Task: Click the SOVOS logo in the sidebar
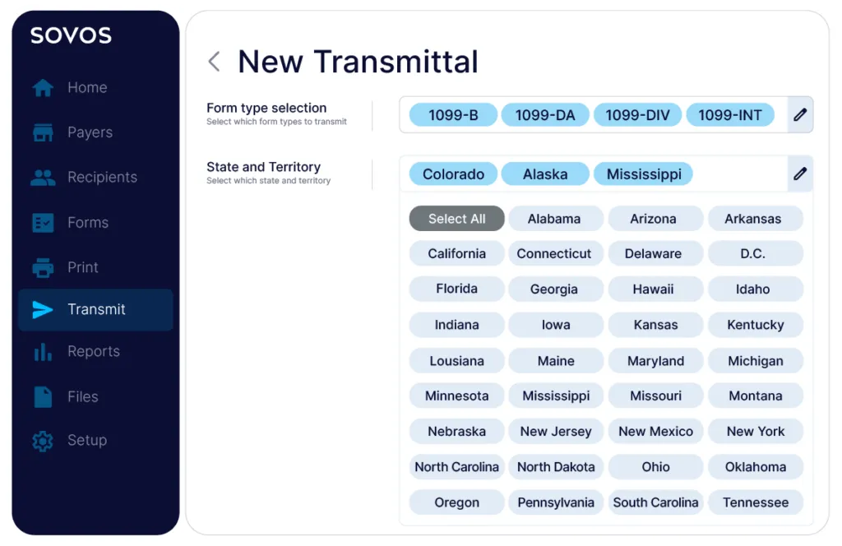point(71,35)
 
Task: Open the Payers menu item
point(72,132)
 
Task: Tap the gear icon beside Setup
point(43,441)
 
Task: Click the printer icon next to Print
point(43,267)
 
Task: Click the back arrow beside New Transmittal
point(215,61)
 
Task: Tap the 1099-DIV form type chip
point(637,115)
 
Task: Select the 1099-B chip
point(453,115)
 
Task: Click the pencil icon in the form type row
point(800,114)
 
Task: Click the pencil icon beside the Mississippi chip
point(800,174)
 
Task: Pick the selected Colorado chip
point(453,174)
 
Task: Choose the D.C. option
point(756,253)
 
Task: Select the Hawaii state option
point(655,289)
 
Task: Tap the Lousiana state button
point(456,361)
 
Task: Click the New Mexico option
point(655,431)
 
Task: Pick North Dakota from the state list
point(556,467)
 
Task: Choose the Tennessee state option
point(756,502)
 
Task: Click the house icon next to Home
point(43,87)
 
